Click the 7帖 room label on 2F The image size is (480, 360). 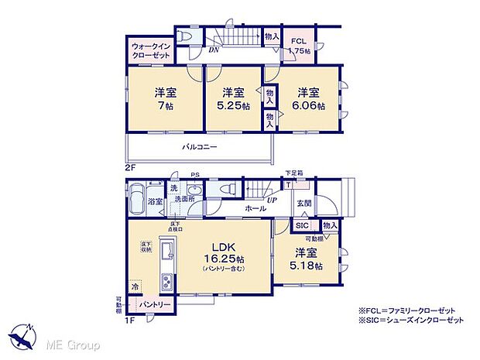(164, 98)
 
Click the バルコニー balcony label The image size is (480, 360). (200, 146)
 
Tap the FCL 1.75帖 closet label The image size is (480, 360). (300, 46)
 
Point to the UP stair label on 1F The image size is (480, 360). (271, 201)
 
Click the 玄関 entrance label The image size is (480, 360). (303, 203)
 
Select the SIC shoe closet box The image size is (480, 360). (302, 225)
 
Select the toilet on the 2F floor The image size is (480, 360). (186, 36)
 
